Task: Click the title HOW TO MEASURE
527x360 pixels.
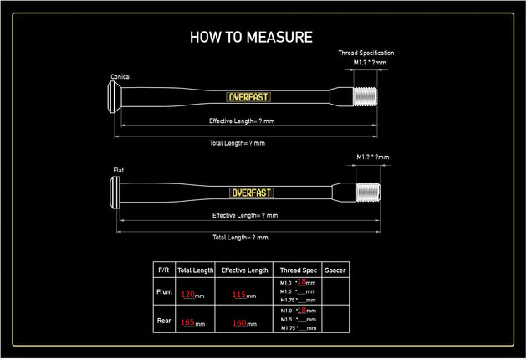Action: point(251,37)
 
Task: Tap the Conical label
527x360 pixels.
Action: point(120,77)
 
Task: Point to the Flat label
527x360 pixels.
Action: point(118,170)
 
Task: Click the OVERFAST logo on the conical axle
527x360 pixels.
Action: point(248,97)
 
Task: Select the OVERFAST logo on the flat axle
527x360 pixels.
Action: point(252,193)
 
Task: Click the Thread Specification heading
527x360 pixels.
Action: point(366,53)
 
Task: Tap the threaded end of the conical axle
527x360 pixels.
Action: point(366,96)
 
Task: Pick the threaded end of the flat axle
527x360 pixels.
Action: point(368,192)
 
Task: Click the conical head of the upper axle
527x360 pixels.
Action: point(114,97)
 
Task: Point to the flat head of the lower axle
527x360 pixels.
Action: point(115,193)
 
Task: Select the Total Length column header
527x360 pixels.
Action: point(195,270)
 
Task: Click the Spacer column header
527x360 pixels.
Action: point(335,270)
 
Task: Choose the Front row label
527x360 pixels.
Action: point(164,291)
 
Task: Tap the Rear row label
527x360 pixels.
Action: point(164,321)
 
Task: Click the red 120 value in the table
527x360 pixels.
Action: point(188,295)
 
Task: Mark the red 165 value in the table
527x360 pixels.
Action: point(187,322)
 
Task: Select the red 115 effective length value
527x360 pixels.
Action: point(239,295)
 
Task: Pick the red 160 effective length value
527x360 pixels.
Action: point(239,323)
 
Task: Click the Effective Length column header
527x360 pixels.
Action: point(244,270)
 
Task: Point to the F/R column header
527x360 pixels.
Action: point(164,270)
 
